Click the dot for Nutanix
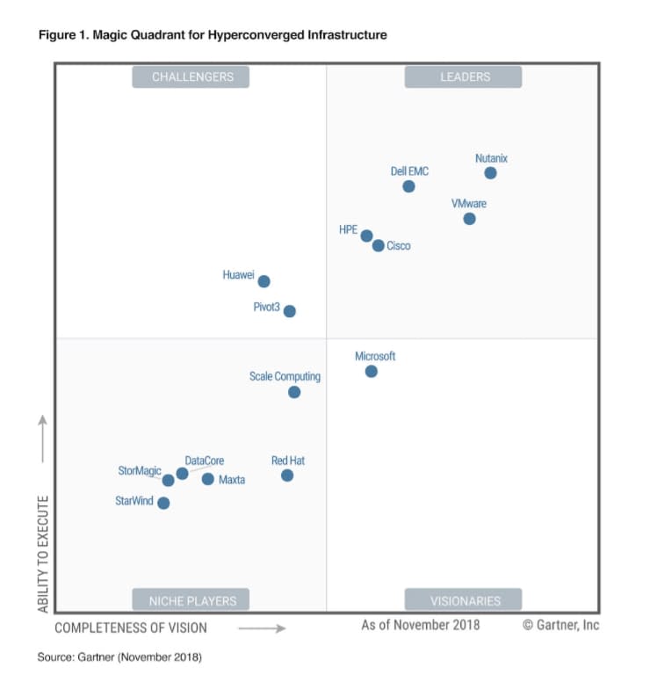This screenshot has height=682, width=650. coord(490,173)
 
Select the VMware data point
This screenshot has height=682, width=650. coord(469,219)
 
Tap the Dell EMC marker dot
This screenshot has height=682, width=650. coord(408,186)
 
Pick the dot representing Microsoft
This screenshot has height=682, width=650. coord(371,372)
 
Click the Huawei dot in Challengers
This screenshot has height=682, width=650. coord(264,281)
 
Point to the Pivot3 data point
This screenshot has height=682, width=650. coord(289,311)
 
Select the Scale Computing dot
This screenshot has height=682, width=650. coord(294,392)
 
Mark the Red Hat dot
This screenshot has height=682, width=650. coord(287,475)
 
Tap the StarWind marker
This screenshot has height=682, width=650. coord(163,503)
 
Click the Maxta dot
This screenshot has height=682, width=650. coord(207,479)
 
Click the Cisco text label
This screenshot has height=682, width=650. coord(399,246)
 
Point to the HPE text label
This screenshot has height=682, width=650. coord(348,229)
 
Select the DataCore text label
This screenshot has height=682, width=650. coord(205,461)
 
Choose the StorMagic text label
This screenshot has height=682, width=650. coord(140,471)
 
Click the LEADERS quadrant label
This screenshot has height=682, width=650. coord(463,77)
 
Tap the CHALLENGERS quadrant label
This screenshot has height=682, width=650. coord(191,77)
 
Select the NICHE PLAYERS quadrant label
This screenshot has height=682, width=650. coord(191,601)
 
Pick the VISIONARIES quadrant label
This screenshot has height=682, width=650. coord(463,601)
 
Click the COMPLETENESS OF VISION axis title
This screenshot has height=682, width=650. coord(131,628)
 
